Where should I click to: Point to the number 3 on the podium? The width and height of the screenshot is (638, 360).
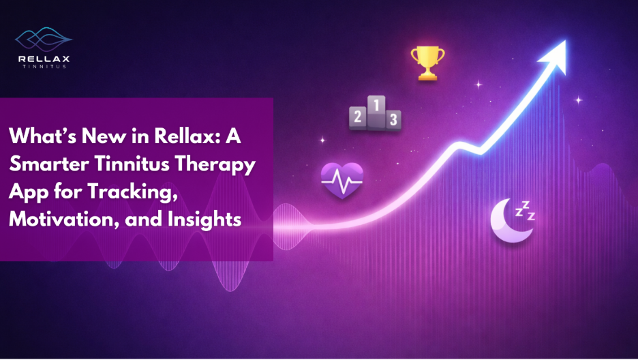click(x=392, y=120)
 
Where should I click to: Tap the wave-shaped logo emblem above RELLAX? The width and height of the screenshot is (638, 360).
click(x=44, y=39)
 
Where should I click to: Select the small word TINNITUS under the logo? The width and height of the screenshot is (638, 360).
click(x=44, y=68)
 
